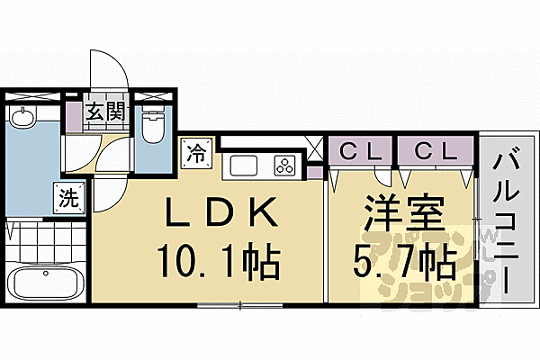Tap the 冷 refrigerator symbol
tap(195, 153)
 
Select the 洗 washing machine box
tap(67, 196)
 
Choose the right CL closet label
tap(436, 148)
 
